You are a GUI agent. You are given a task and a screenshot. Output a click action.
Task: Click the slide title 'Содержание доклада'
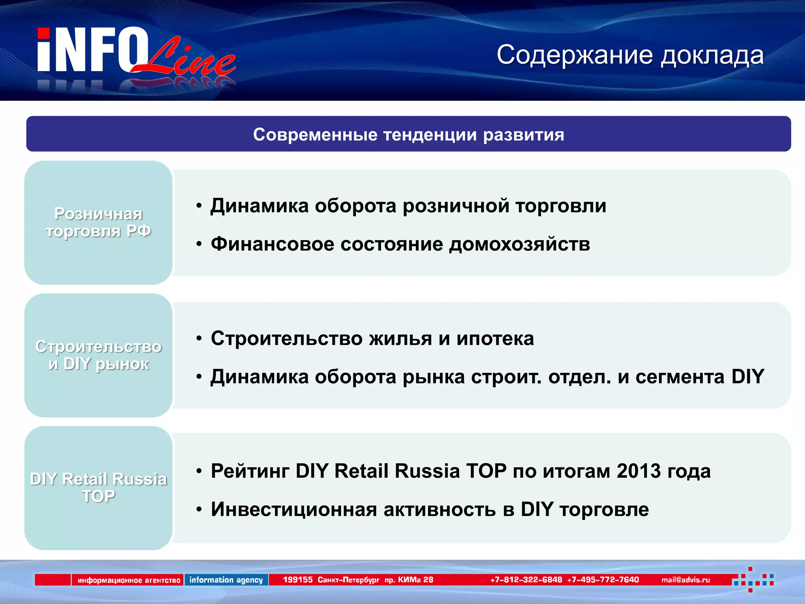[x=630, y=55]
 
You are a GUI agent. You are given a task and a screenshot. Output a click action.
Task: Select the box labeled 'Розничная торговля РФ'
[x=98, y=223]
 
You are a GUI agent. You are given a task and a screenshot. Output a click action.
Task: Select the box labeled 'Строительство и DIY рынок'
[x=98, y=355]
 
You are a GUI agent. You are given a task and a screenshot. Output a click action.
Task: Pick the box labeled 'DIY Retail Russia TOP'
[x=98, y=488]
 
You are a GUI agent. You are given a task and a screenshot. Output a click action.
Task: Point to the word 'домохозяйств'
[x=519, y=244]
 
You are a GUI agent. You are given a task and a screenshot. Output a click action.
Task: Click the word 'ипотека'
[x=495, y=338]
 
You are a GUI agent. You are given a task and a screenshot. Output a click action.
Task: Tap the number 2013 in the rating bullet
[x=639, y=471]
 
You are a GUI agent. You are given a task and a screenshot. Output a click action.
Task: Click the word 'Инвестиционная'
[x=294, y=509]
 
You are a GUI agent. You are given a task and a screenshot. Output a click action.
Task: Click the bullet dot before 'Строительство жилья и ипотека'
[x=199, y=338]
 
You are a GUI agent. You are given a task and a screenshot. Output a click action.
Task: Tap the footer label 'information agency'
[x=226, y=580]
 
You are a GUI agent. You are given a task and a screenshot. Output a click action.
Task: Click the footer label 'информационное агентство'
[x=129, y=580]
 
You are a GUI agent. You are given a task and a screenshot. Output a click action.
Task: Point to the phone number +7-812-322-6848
[x=526, y=580]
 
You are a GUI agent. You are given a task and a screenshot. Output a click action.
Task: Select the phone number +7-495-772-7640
[x=603, y=580]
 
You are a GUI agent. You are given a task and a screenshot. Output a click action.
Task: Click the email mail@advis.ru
[x=686, y=580]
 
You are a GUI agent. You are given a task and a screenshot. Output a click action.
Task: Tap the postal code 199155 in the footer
[x=298, y=580]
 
